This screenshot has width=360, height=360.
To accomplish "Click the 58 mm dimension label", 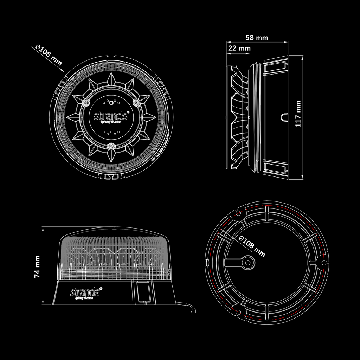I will pos(256,38).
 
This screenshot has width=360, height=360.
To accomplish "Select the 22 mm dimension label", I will pos(239,48).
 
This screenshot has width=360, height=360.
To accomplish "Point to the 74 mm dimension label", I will pos(37,266).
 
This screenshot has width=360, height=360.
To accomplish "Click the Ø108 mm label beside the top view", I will pos(49,56).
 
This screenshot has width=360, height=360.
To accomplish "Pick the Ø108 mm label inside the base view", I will pos(252,246).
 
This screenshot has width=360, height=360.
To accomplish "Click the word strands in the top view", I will pos(110,116).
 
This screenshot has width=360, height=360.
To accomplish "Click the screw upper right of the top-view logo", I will pos(136,102).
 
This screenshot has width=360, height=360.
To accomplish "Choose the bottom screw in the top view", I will pos(111,146).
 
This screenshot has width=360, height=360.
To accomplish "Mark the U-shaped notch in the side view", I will pos(284,117).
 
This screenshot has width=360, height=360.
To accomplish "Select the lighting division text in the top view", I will pos(110,122).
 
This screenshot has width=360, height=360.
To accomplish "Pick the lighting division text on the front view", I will pos(84,298).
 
